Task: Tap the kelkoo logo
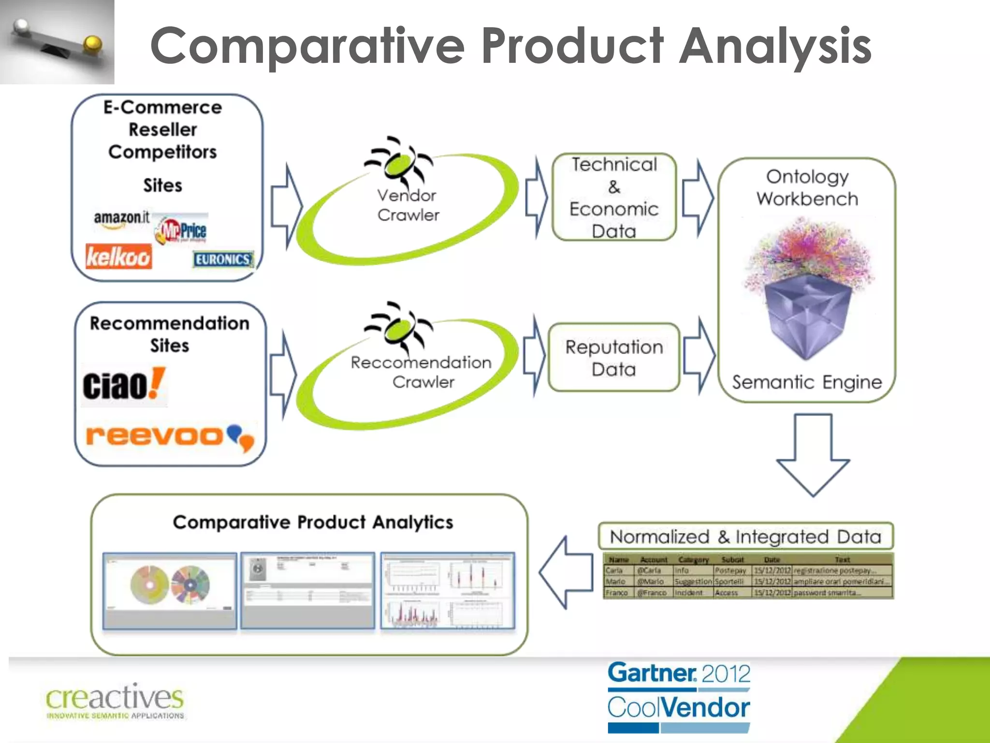pos(118,256)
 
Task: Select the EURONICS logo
pos(223,260)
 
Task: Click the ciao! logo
pos(123,386)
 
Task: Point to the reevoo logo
pos(169,436)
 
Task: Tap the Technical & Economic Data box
pos(614,197)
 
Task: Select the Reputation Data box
pos(614,358)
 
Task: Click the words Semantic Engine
pos(806,383)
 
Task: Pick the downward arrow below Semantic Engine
pos(813,455)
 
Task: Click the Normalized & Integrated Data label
pos(745,536)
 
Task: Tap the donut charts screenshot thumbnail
pos(170,590)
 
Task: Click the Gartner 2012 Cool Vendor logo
pos(679,697)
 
